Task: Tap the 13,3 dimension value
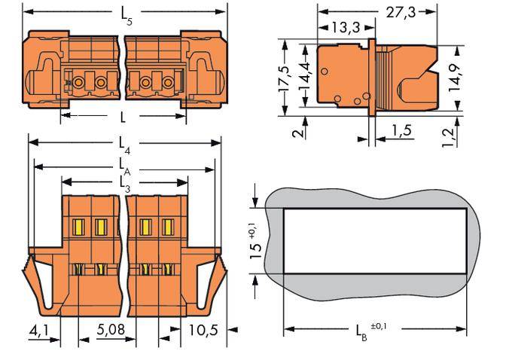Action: pos(346,29)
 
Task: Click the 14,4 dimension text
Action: pos(305,73)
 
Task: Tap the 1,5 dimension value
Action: pos(401,133)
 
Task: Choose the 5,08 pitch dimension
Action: pos(111,329)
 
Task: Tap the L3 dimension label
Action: pos(124,183)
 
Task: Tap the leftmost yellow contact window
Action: pos(78,225)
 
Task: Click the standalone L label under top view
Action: pos(122,117)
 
